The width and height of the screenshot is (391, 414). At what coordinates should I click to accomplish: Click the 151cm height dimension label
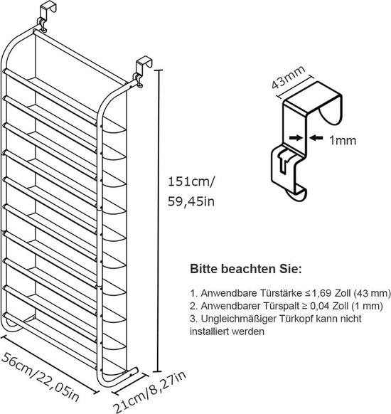(191, 182)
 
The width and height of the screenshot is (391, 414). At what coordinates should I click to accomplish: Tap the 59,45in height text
(191, 201)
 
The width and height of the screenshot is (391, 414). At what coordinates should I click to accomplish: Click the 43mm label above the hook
(288, 77)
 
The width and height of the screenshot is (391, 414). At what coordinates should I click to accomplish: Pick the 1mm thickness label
(343, 140)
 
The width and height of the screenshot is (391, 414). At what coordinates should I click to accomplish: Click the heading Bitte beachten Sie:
(246, 269)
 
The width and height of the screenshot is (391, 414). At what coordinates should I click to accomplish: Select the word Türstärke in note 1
(281, 293)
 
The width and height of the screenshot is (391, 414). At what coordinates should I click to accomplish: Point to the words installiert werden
(227, 331)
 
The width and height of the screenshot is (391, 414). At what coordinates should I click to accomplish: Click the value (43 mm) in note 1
(372, 293)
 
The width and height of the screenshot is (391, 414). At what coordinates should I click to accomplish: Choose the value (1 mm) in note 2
(367, 306)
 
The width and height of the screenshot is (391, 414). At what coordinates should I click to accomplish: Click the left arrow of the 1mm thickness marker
(296, 137)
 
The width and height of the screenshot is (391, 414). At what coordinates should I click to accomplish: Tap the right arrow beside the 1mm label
(316, 137)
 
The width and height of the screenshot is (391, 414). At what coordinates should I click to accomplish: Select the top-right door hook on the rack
(142, 70)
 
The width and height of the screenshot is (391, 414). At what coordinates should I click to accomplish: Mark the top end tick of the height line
(158, 70)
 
